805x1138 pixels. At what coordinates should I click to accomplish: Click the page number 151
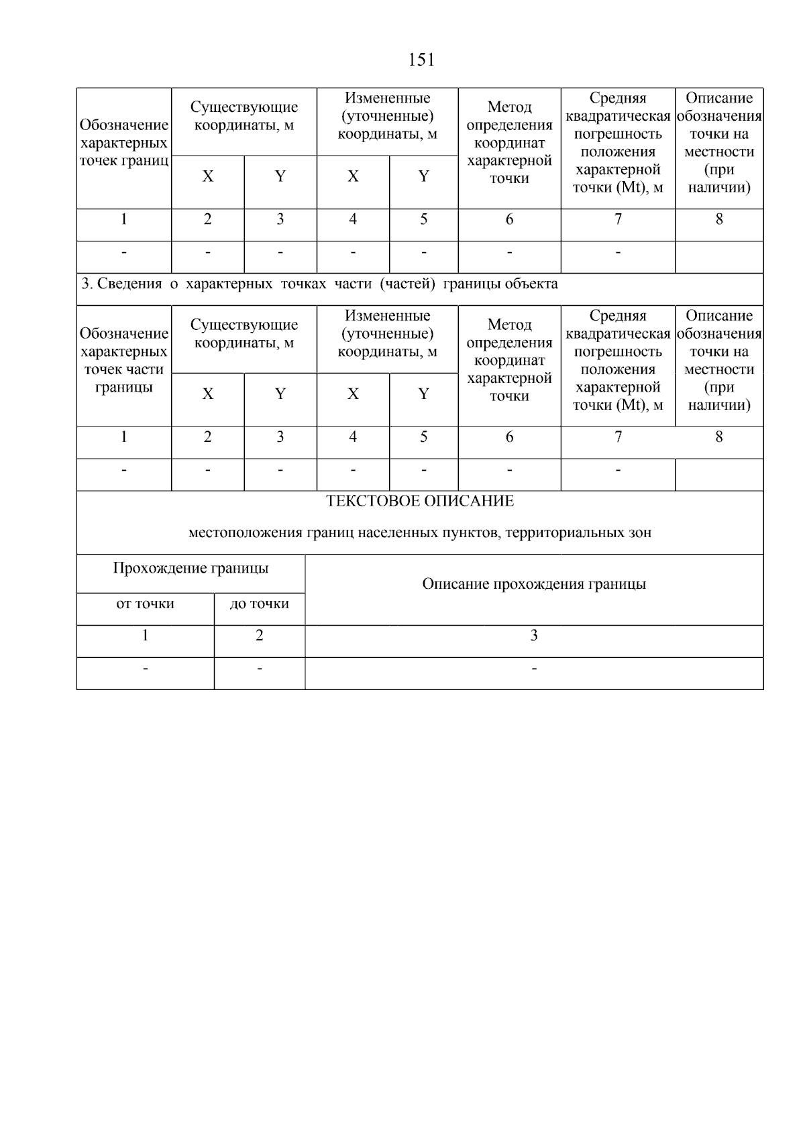pyautogui.click(x=421, y=60)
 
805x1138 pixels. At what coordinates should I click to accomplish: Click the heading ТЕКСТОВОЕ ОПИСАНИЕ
pyautogui.click(x=420, y=501)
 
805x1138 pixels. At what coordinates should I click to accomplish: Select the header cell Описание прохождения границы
pyautogui.click(x=534, y=584)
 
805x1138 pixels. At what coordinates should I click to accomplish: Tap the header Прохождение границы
pyautogui.click(x=191, y=569)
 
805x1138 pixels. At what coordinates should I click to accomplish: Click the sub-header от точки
pyautogui.click(x=145, y=604)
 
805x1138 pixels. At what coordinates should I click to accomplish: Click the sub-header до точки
pyautogui.click(x=260, y=604)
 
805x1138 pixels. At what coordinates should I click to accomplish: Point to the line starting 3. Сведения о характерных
pyautogui.click(x=319, y=284)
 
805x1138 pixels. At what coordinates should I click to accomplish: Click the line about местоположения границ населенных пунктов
pyautogui.click(x=420, y=533)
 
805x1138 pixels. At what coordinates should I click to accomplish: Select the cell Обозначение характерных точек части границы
pyautogui.click(x=124, y=360)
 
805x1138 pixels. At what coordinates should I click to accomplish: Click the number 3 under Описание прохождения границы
pyautogui.click(x=534, y=636)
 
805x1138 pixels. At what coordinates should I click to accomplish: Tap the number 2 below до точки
pyautogui.click(x=260, y=636)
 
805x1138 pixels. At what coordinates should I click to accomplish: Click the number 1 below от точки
pyautogui.click(x=145, y=636)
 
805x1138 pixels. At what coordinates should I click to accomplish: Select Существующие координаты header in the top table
pyautogui.click(x=244, y=116)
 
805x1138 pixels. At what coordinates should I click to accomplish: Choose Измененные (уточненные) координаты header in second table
pyautogui.click(x=387, y=333)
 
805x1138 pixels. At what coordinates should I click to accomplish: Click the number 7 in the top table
pyautogui.click(x=618, y=219)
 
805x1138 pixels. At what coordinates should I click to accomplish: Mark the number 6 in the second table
pyautogui.click(x=509, y=437)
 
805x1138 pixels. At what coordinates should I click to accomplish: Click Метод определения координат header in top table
pyautogui.click(x=509, y=143)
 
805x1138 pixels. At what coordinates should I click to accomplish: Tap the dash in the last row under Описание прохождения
pyautogui.click(x=534, y=669)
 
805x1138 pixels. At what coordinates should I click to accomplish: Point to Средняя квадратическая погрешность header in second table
pyautogui.click(x=618, y=360)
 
